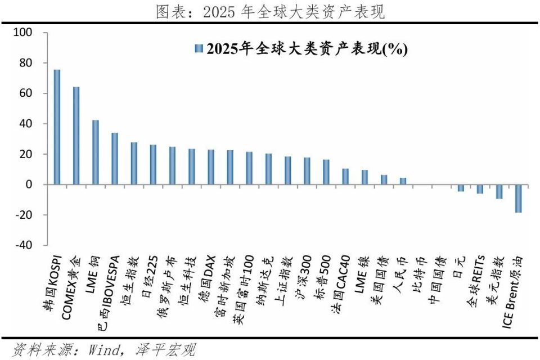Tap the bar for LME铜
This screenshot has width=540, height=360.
pyautogui.click(x=95, y=152)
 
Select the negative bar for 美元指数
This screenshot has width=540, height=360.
pyautogui.click(x=499, y=191)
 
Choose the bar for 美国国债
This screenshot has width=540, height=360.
pyautogui.click(x=384, y=179)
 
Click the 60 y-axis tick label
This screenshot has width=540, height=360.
pyautogui.click(x=26, y=93)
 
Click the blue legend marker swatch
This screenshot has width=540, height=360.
pyautogui.click(x=198, y=49)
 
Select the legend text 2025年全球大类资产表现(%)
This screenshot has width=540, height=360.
pyautogui.click(x=307, y=49)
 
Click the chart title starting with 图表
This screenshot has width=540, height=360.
pyautogui.click(x=270, y=11)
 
